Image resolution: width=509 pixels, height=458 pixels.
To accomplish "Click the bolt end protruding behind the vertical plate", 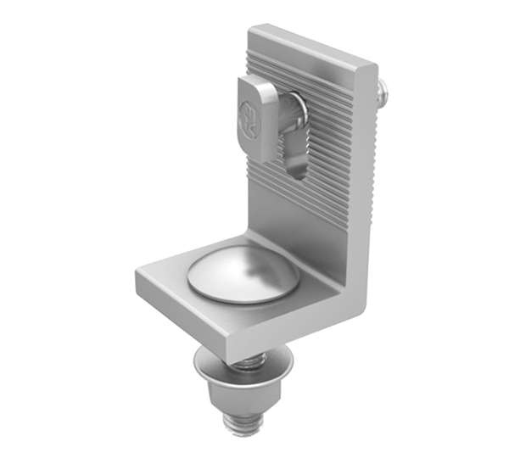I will (383, 87).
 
